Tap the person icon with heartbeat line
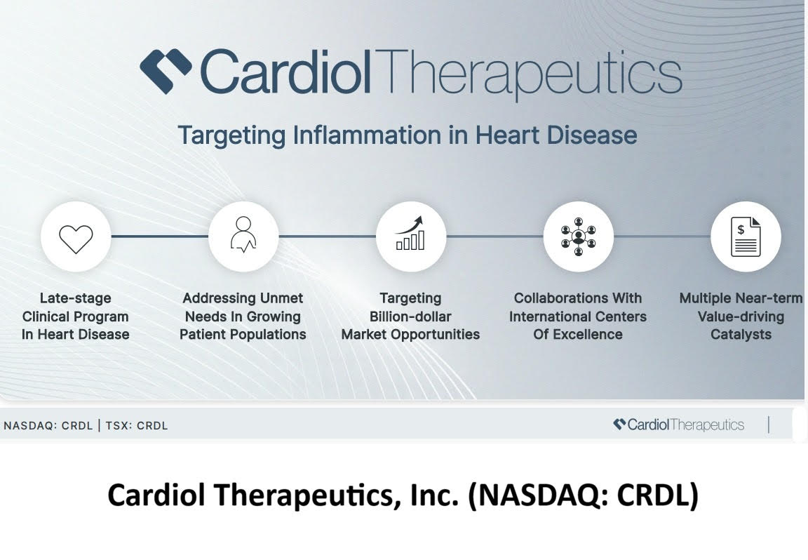(x=243, y=236)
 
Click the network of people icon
(x=578, y=236)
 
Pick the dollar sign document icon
(x=745, y=236)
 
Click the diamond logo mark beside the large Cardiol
(x=166, y=70)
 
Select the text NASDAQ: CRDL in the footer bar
(x=48, y=425)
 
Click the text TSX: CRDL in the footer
(x=137, y=425)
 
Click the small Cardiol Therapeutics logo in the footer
(x=678, y=425)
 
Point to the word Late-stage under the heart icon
(x=75, y=298)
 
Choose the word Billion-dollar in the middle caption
(x=410, y=316)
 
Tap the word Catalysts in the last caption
(x=741, y=335)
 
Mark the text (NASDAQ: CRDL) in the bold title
(x=584, y=495)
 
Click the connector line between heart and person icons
(x=160, y=236)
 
